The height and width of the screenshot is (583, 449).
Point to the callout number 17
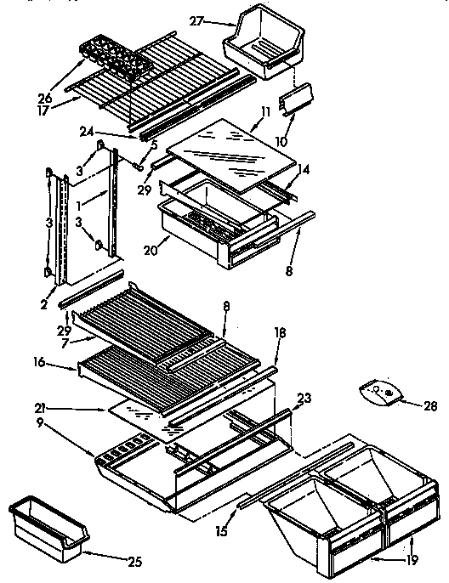(44, 110)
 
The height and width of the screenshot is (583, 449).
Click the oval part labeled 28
(380, 392)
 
